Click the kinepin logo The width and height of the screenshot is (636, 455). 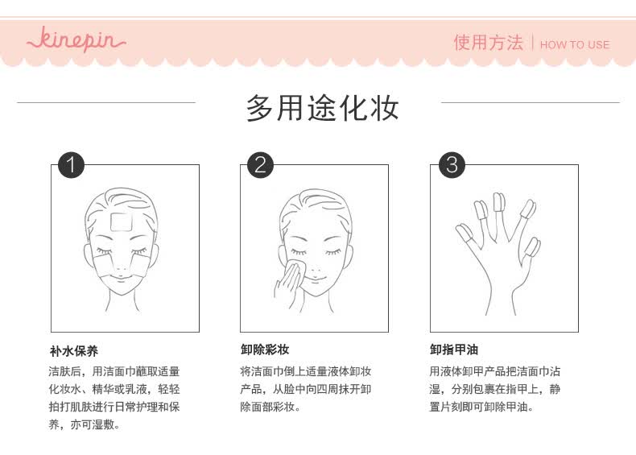coord(76,39)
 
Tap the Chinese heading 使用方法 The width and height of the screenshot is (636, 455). coord(488,43)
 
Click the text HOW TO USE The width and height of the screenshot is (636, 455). coord(575,44)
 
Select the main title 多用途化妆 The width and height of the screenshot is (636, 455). coord(323,108)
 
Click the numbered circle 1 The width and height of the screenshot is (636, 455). coord(71,165)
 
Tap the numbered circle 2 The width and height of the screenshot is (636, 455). coord(260,165)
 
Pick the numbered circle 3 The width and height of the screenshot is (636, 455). coord(452,165)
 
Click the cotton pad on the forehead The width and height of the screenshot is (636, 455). coord(121,222)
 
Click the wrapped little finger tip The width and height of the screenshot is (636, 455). coord(532,247)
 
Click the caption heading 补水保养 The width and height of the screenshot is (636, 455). coord(74,351)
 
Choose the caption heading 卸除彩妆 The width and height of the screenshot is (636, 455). coord(264,350)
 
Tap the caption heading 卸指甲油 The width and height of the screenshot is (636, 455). coord(454,350)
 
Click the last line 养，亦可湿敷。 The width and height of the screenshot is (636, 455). coord(85,424)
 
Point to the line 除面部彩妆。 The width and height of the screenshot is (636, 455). coord(271,407)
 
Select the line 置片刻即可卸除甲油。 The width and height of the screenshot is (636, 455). coord(481,407)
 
